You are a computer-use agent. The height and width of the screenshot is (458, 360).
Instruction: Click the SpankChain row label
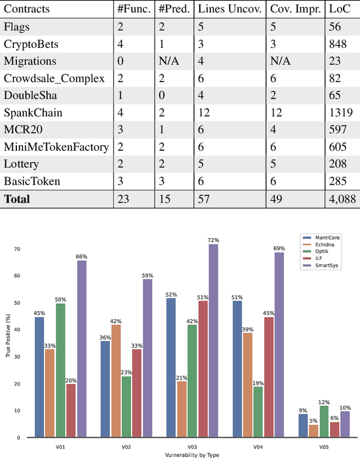33,113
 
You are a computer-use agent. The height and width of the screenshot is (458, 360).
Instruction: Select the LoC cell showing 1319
338,113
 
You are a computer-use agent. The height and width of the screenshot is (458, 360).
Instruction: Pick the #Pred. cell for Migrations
169,61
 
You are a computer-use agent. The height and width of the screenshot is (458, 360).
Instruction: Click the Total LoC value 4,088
340,199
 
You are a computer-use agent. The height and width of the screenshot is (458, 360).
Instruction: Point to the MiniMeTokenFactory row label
56,147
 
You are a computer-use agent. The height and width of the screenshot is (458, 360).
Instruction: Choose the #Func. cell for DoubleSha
120,96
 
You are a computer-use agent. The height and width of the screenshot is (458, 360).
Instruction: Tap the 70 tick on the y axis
17,249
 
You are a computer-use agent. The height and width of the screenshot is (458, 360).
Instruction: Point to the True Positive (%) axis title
7,343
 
